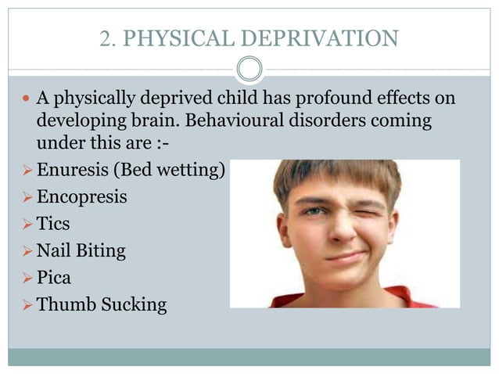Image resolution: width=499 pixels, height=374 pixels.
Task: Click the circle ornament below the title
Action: click(x=249, y=69)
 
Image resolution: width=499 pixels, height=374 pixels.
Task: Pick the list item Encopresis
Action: click(x=81, y=196)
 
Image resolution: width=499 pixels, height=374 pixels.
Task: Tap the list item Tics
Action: click(x=53, y=223)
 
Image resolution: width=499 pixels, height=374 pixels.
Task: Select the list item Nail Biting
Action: click(x=81, y=250)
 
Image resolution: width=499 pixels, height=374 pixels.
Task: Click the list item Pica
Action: click(x=53, y=277)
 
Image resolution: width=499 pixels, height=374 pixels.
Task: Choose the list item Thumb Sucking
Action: click(x=102, y=304)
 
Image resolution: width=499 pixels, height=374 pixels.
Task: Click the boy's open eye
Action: click(x=313, y=211)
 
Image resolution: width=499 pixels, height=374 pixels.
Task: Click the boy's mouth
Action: click(x=344, y=258)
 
